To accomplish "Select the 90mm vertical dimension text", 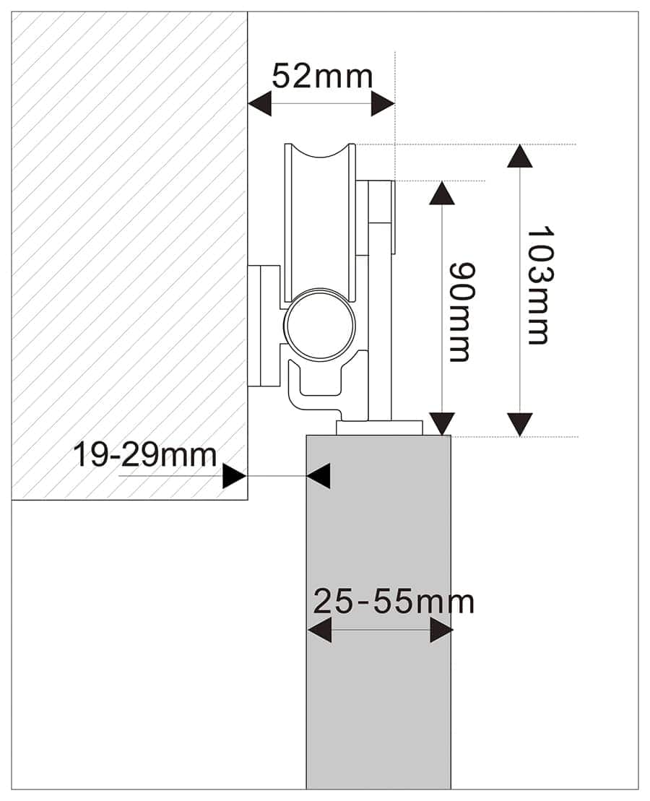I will coord(461,311).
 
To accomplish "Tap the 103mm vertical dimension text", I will coord(538,285).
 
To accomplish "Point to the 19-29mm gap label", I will coord(144,455).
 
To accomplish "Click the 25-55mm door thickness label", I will coord(394,602).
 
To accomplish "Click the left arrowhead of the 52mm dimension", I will coord(260,104).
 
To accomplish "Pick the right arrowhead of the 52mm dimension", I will coord(382,104).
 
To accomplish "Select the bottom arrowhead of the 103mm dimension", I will coord(519,424).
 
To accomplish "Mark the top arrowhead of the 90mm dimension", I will coord(442,193).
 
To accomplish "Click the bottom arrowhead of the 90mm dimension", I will coord(442,423).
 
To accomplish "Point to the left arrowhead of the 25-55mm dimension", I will coord(319,630).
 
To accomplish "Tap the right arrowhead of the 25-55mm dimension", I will coord(441,630).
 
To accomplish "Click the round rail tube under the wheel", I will coord(320,324).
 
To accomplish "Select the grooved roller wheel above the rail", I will coord(320,217).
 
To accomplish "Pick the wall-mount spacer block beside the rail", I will coord(264,325).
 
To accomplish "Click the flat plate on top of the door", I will coord(379,427).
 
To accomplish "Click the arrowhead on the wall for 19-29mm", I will coord(234,476).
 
